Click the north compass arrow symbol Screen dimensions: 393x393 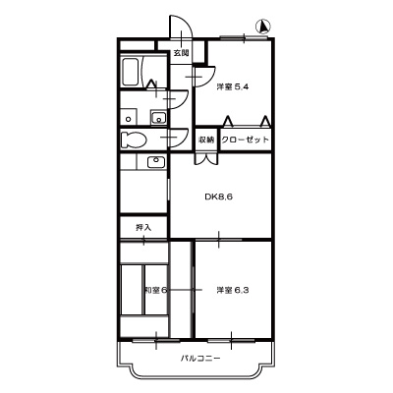tap(263, 26)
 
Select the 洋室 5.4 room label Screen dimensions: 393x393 tap(232, 86)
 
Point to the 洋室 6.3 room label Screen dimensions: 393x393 tap(232, 290)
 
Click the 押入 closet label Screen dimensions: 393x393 tap(143, 228)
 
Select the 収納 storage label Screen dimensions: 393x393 tap(205, 140)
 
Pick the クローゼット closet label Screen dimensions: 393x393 tap(245, 140)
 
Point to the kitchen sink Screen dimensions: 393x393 tap(154, 161)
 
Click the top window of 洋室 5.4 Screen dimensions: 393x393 tap(241, 38)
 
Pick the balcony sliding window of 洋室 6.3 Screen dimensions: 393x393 tap(233, 337)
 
